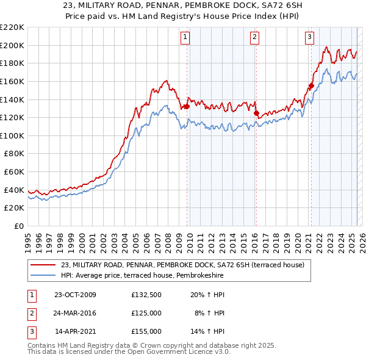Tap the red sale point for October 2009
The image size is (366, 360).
(187, 106)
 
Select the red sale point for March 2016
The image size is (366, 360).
(256, 113)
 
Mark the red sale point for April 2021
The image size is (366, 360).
(311, 86)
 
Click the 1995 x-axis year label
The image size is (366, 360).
(28, 239)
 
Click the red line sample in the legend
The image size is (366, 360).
(44, 265)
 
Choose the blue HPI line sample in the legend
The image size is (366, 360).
(44, 275)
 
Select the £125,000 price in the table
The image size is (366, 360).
(146, 314)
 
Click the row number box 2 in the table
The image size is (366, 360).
(31, 314)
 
